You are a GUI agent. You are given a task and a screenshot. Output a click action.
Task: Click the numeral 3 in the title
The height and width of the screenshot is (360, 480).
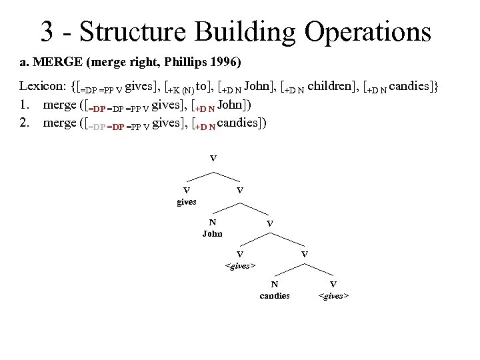(x=48, y=31)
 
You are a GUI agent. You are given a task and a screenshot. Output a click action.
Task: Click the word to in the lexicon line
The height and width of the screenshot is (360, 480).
(x=218, y=87)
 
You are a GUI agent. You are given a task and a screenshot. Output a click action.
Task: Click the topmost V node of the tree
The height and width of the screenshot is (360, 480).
(x=213, y=159)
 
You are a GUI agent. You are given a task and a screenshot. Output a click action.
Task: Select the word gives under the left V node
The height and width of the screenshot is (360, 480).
(x=186, y=201)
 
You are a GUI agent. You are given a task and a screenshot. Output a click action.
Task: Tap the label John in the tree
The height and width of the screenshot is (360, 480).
(x=213, y=233)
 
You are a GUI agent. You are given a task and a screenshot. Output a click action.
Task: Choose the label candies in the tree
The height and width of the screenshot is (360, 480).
(x=275, y=295)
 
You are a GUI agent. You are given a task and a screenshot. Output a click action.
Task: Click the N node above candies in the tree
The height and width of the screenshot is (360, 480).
(x=275, y=285)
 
